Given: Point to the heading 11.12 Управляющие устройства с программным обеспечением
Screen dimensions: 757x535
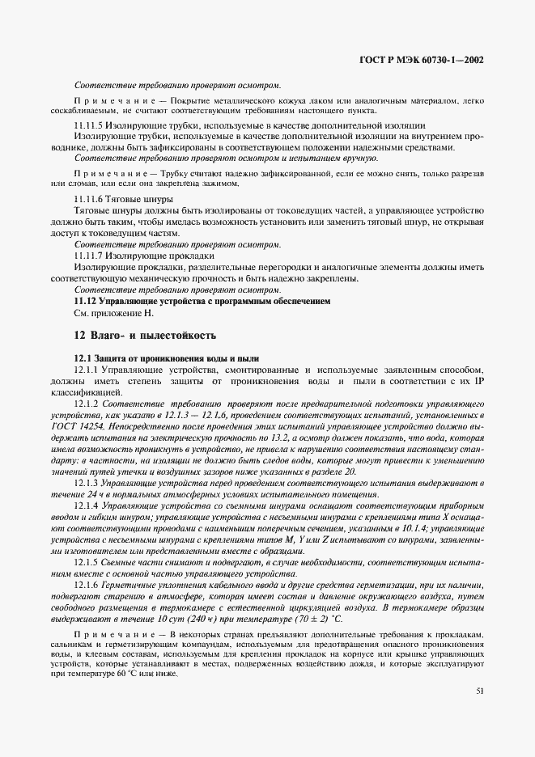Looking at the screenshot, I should pyautogui.click(x=202, y=300).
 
